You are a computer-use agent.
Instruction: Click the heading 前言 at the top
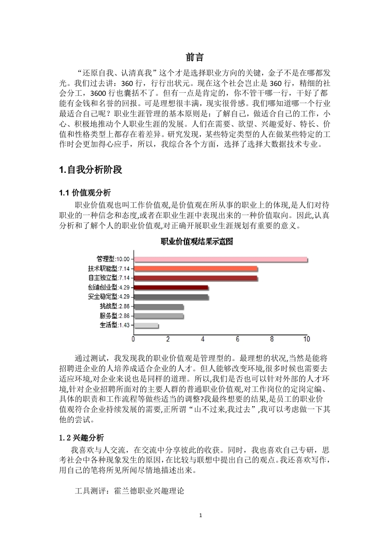195,56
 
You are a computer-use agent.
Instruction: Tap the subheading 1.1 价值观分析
87,193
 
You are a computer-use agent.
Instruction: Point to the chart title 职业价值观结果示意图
196,242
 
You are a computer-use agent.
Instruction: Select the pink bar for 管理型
220,259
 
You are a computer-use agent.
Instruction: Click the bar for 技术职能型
196,269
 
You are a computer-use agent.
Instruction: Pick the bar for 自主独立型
196,278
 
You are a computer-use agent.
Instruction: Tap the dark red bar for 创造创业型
171,287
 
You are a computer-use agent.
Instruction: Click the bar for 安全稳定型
171,297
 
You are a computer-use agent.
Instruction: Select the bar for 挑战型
158,306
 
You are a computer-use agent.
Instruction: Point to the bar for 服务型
158,316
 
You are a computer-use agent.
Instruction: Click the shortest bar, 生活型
146,325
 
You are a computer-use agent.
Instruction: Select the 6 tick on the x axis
238,339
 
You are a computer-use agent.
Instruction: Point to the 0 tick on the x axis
134,339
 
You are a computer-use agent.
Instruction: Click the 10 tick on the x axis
307,339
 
